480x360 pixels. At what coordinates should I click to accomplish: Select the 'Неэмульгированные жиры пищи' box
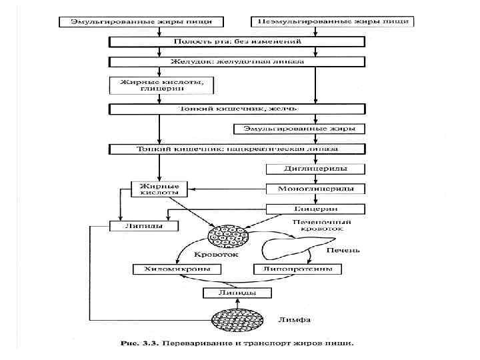332,21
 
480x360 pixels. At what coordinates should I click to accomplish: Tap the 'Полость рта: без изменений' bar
238,41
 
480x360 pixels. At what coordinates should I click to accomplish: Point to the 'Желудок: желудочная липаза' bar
238,62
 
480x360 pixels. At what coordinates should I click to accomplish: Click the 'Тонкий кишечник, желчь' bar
238,108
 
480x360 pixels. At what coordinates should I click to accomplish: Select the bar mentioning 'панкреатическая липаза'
238,149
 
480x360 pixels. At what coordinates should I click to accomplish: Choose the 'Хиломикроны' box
177,269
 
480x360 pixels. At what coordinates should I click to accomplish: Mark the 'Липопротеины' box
297,269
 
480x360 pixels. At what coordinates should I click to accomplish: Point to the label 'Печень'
343,250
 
